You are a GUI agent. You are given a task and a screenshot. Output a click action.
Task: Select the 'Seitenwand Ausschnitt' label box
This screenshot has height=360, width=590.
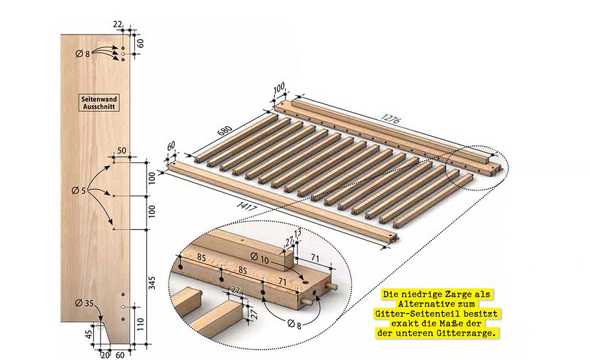coord(98,102)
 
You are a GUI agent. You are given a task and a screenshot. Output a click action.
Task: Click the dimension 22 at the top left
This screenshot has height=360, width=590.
coord(117,24)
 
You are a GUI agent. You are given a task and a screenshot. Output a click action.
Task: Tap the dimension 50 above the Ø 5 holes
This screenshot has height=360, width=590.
coord(121,150)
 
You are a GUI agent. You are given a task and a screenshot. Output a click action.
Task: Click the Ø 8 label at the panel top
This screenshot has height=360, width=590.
coord(82,53)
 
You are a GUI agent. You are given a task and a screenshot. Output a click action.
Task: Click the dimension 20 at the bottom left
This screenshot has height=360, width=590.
coord(105,355)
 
